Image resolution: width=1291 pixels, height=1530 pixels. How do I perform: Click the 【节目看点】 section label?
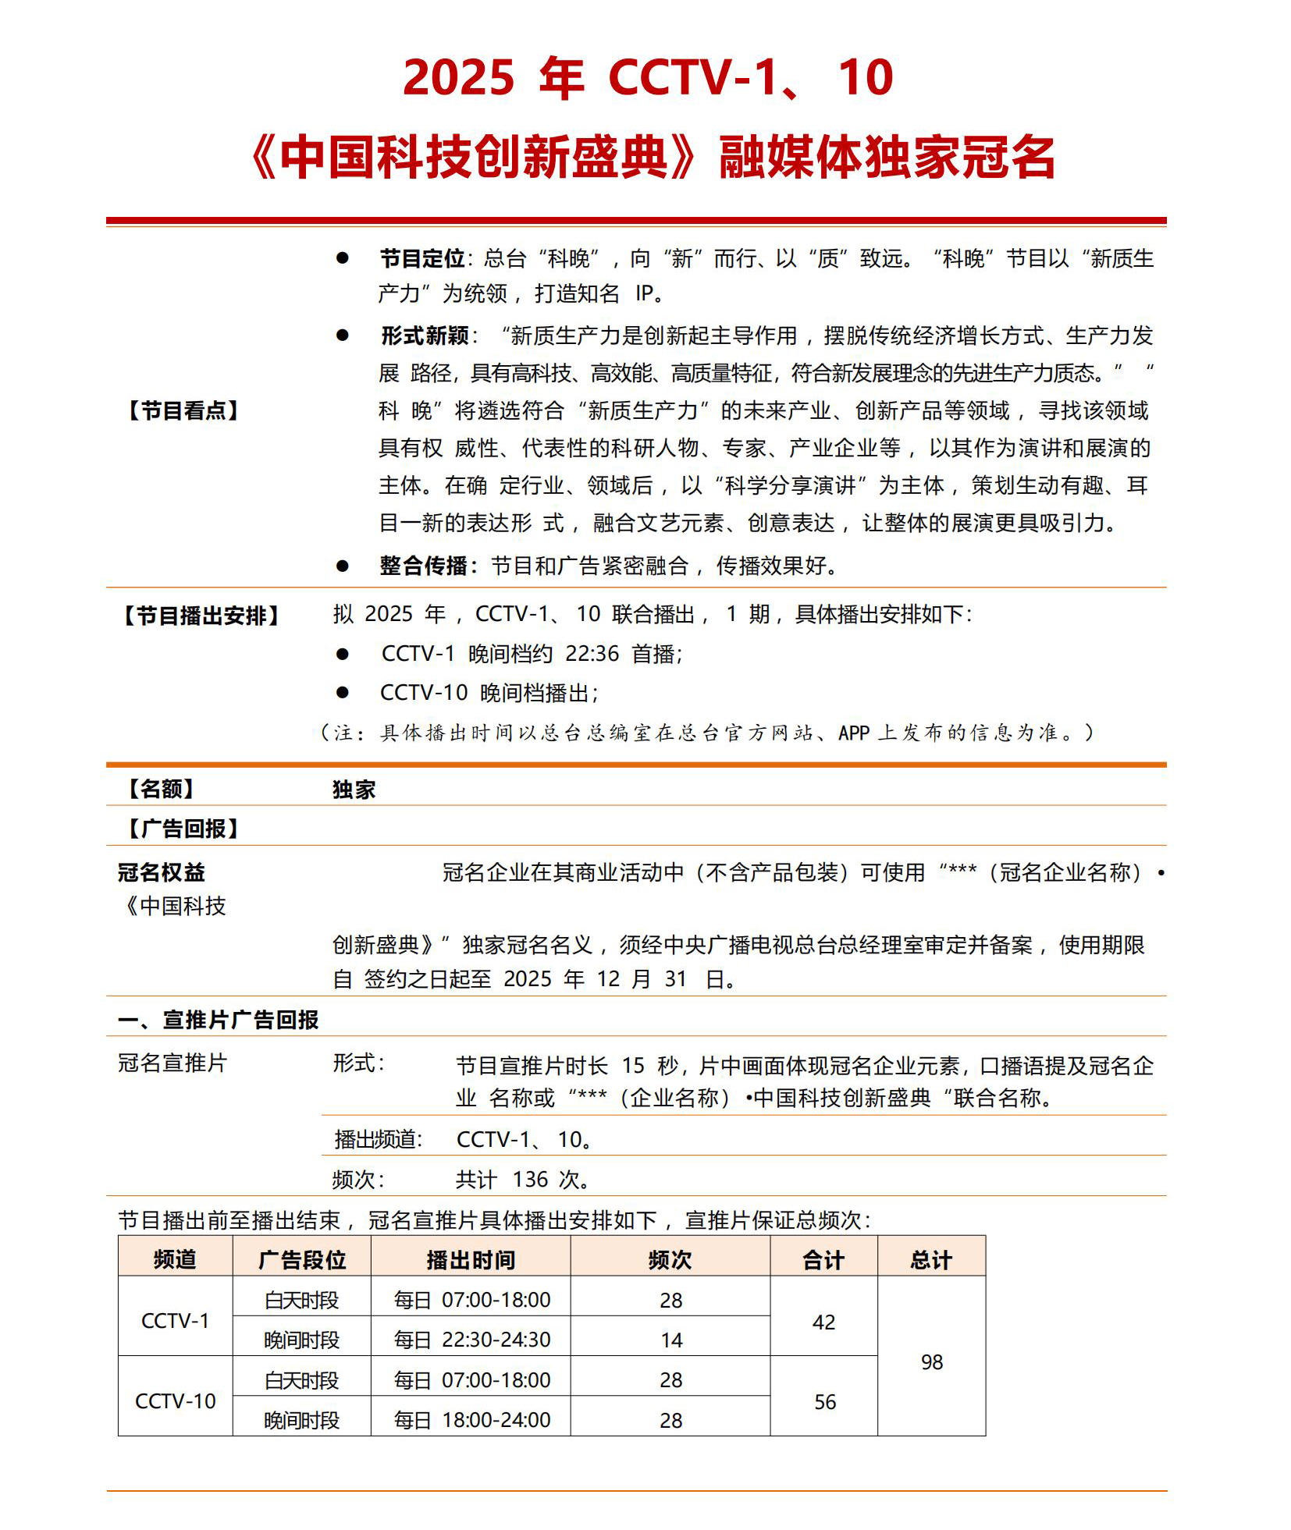tap(183, 410)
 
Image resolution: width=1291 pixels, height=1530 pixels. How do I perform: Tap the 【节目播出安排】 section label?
tap(201, 616)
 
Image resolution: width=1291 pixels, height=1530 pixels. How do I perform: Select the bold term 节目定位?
tap(422, 258)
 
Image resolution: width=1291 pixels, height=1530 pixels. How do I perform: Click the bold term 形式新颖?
tap(425, 335)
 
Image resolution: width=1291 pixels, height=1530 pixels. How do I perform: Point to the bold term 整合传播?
tap(424, 566)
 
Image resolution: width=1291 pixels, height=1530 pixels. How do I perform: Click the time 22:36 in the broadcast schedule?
tap(592, 653)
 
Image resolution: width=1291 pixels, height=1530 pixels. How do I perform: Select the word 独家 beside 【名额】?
tap(354, 790)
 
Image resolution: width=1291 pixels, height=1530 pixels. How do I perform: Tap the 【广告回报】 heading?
tap(183, 829)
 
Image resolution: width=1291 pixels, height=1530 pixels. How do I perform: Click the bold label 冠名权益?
tap(162, 871)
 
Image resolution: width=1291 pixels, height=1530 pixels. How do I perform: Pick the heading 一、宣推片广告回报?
tap(219, 1020)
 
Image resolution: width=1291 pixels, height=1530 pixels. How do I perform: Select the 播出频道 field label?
tap(378, 1139)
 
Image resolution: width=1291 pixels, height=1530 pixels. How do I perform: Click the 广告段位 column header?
tap(301, 1260)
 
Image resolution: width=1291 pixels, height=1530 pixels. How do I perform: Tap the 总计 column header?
tap(930, 1260)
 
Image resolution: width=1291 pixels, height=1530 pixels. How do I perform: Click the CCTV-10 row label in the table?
tap(176, 1400)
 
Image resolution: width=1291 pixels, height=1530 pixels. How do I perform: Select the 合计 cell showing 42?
tap(823, 1322)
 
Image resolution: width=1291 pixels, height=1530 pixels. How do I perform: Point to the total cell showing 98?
tap(932, 1361)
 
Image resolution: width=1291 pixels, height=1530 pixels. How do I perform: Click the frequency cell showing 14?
tap(670, 1340)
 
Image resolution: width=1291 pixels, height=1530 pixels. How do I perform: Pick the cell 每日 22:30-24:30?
tap(471, 1340)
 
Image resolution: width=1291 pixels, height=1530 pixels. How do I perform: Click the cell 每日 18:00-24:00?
tap(471, 1420)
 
